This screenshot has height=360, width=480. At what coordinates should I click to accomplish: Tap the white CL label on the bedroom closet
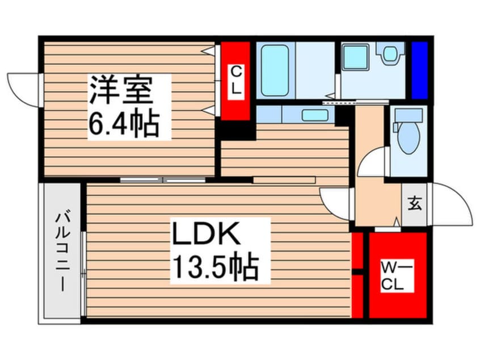point(235,81)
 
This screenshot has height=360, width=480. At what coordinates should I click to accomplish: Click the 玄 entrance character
point(415,204)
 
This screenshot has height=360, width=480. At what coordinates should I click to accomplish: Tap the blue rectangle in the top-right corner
point(419,70)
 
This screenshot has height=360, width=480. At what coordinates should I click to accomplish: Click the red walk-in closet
point(397,275)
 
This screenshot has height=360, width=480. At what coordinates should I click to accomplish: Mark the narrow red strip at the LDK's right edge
point(357,275)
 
